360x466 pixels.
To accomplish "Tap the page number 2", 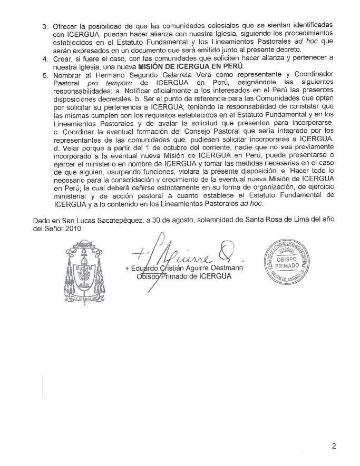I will tap(334, 447).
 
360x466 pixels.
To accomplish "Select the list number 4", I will tap(45, 57).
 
